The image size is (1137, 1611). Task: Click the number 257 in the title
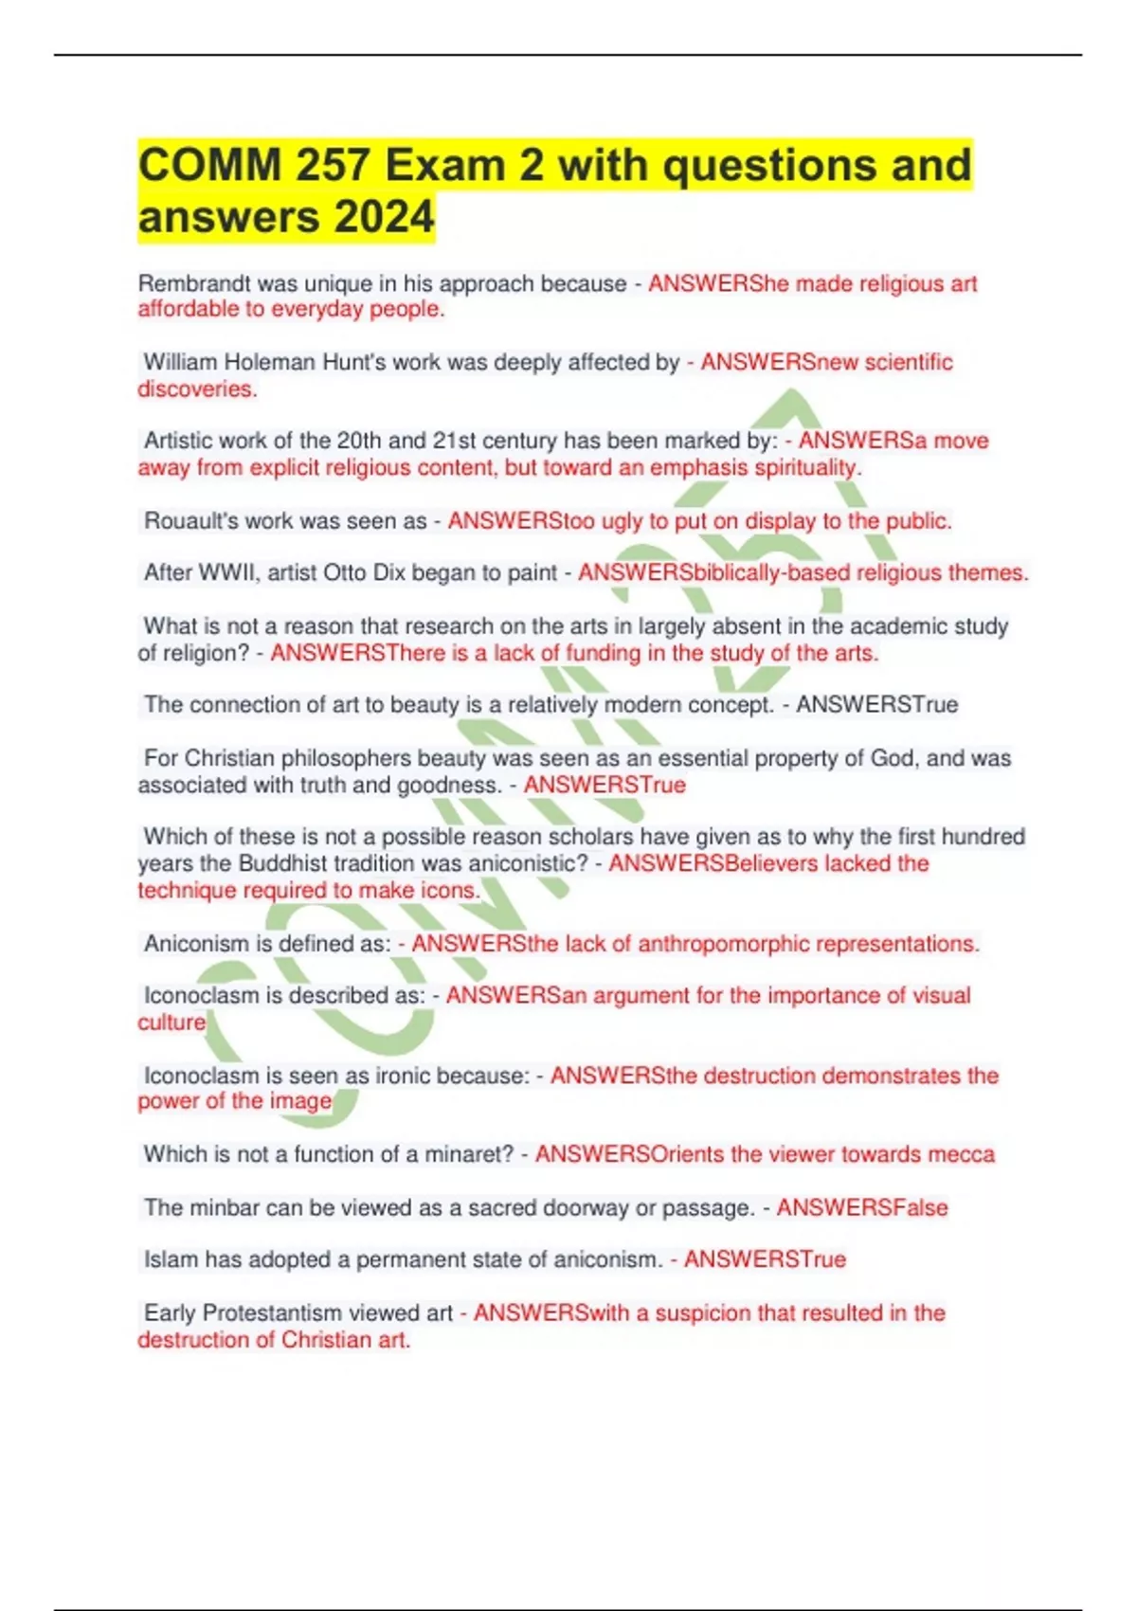pyautogui.click(x=331, y=165)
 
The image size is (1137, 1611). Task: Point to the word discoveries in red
pyautogui.click(x=196, y=389)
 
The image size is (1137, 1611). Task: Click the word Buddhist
pyautogui.click(x=283, y=863)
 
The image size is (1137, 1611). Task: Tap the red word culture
pyautogui.click(x=171, y=1023)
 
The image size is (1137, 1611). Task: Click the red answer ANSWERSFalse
pyautogui.click(x=862, y=1207)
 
